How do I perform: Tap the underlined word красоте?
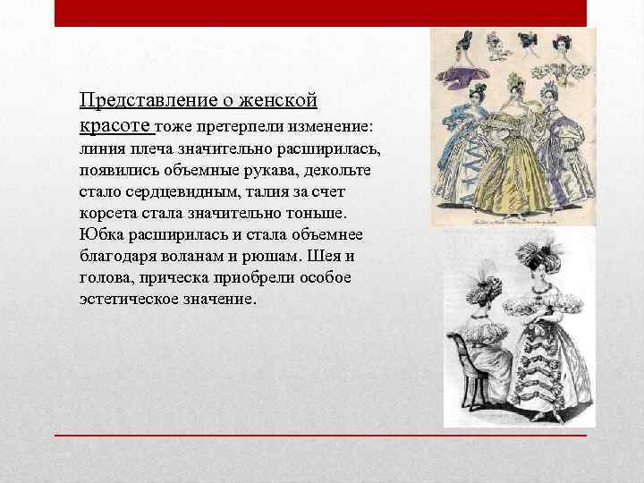coord(116,123)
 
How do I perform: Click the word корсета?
coord(108,214)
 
